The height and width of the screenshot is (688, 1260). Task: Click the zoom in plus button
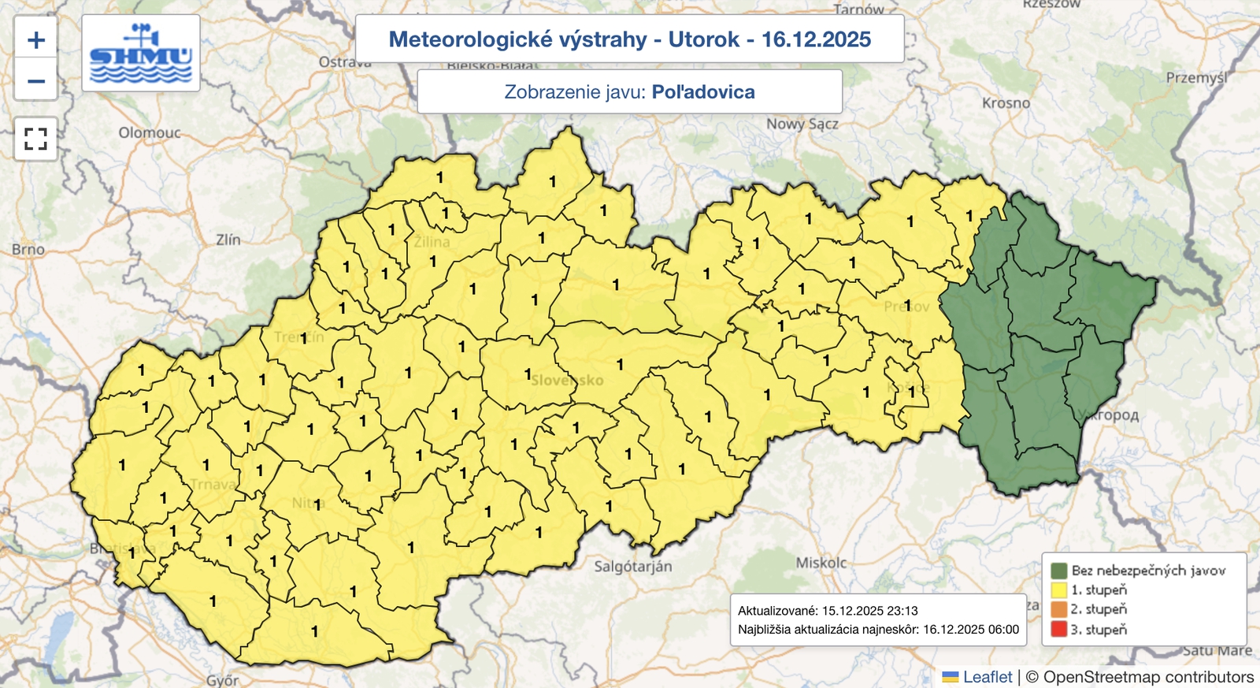[x=36, y=40]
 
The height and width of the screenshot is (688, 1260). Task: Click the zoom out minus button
[x=36, y=81]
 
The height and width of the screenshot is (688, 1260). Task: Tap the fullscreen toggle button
[x=36, y=139]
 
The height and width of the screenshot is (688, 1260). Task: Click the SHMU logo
[x=141, y=54]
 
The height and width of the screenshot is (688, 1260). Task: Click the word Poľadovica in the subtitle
[x=703, y=92]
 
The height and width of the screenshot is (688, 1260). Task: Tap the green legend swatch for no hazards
[x=1058, y=571]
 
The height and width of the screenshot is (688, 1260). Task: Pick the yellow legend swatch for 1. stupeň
[x=1058, y=589]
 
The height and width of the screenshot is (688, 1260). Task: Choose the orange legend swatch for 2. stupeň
[x=1058, y=609]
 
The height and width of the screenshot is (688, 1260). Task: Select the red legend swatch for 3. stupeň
[x=1058, y=630]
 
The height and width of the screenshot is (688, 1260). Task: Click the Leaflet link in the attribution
[x=988, y=677]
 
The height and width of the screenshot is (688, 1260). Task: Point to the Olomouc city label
[x=150, y=132]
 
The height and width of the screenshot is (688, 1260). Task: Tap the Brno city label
[x=28, y=249]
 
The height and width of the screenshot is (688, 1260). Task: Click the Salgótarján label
[x=633, y=567]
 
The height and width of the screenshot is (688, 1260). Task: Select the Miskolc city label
[x=821, y=563]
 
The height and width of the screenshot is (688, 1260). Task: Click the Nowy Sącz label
[x=802, y=124]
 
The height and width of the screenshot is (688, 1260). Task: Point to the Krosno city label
[x=1006, y=103]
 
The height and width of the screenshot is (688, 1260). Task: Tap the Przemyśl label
[x=1196, y=78]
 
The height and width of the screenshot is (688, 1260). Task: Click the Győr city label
[x=223, y=680]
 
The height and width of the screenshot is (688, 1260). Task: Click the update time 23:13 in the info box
[x=902, y=611]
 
